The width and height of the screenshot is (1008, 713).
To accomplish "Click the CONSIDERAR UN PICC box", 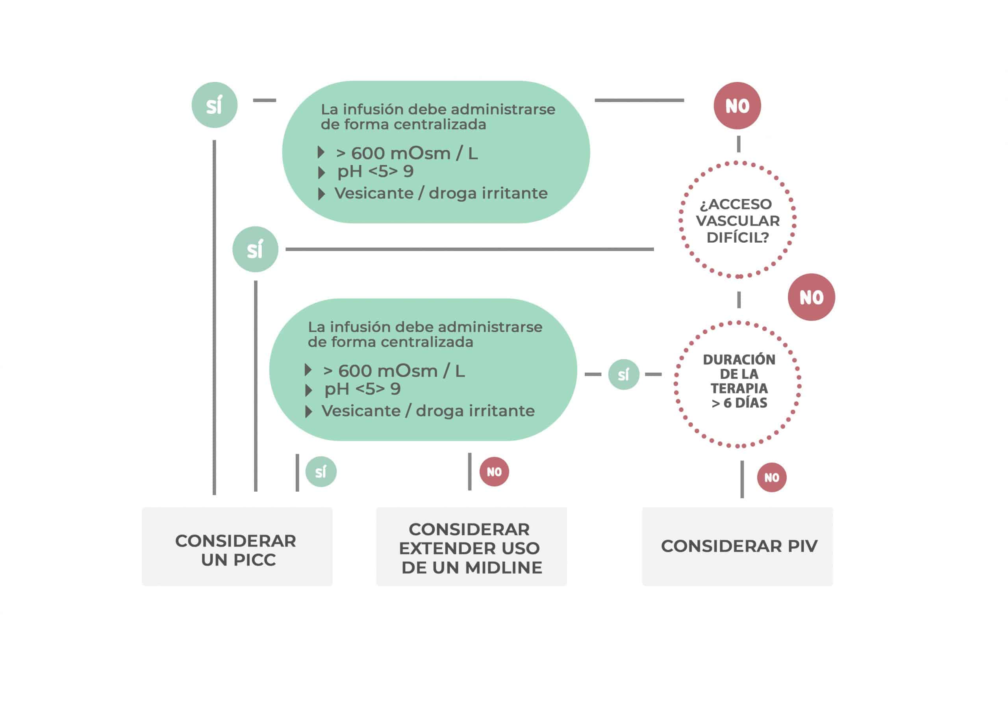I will tap(237, 546).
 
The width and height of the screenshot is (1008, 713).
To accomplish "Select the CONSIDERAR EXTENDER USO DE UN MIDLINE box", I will tap(471, 546).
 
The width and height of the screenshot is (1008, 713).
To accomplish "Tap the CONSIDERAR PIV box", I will tap(737, 546).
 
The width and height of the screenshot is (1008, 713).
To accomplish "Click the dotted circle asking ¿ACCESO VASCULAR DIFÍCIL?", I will tap(737, 220).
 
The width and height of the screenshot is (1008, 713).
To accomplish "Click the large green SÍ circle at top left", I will tap(214, 105).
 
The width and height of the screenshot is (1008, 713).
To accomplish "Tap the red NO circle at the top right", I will tap(737, 106).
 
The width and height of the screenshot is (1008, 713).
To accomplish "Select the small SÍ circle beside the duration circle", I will tap(623, 375).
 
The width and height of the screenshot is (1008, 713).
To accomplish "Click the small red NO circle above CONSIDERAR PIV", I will tap(771, 477).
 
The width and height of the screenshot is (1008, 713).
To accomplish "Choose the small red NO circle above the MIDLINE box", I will tap(494, 472).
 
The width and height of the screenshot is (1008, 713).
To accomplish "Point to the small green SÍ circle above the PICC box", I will tap(321, 472).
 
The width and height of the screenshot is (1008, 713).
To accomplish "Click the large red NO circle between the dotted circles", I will tap(811, 297).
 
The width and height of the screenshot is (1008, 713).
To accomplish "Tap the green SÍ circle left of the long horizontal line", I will tap(255, 249).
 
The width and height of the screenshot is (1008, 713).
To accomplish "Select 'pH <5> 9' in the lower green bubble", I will tap(362, 389).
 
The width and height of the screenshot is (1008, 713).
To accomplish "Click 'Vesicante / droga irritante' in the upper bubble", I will tap(441, 193).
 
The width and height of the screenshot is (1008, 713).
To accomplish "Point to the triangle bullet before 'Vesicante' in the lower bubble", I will tap(309, 412).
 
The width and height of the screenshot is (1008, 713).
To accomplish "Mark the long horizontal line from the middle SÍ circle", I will tap(469, 249).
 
